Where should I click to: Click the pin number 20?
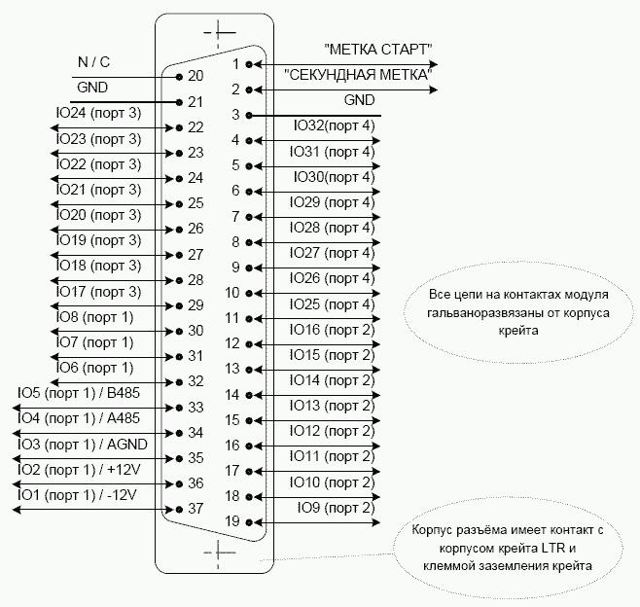pos(196,76)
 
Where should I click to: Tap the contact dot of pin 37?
pos(179,510)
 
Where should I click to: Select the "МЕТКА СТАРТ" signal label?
pos(378,50)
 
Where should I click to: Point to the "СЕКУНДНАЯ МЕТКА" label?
pos(358,75)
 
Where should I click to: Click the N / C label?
pos(94,62)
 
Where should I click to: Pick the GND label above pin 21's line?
pos(92,88)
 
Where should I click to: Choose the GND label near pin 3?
pos(359,100)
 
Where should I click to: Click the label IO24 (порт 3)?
pos(98,113)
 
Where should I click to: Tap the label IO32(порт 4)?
pos(334,125)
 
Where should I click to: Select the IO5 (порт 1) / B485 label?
pos(79,393)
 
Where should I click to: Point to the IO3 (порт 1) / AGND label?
pos(83,445)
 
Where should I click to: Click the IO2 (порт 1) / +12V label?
pos(79,470)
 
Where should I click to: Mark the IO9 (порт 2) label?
pos(336,508)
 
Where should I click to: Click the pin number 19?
pos(232,521)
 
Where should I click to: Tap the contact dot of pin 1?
pos(249,64)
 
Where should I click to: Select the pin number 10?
pos(232,293)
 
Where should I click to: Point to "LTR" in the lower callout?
pos(553,548)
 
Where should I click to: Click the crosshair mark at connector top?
pos(219,32)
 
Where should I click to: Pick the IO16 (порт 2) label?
pos(333,330)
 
